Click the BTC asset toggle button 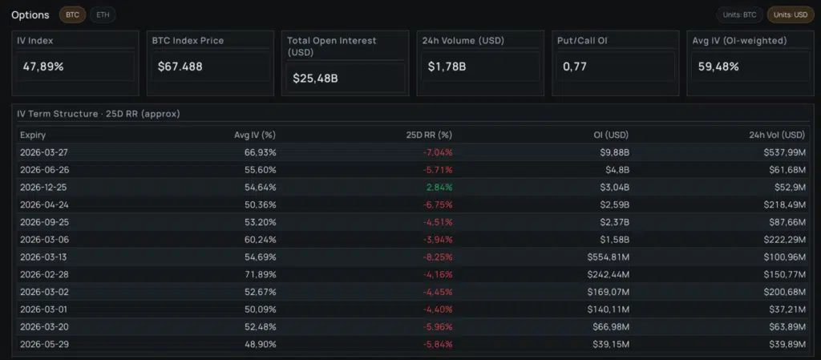coord(72,14)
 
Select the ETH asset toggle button coord(101,14)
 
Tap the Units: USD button coord(790,14)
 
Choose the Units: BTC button coord(738,14)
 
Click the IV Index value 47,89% coord(42,67)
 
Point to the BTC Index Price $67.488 coord(181,67)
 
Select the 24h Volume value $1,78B coord(447,67)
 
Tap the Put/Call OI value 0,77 coord(575,67)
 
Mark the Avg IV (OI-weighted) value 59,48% coord(718,67)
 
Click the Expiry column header coord(33,135)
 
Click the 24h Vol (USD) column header coord(776,135)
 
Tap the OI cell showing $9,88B coord(612,152)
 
